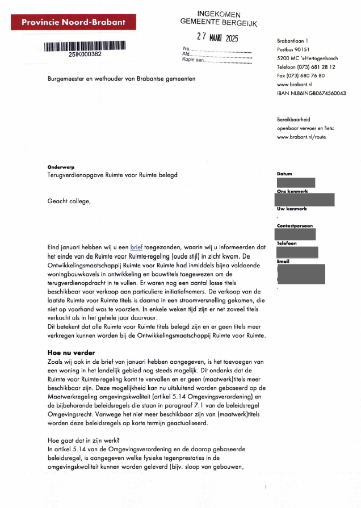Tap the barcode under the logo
[x=85, y=46]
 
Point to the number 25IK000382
[x=85, y=54]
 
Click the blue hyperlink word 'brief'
[x=136, y=247]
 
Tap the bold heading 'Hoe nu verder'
[x=71, y=352]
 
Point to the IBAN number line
[x=311, y=93]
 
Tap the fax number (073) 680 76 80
[x=300, y=75]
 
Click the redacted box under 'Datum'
[x=295, y=183]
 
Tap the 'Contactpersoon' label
[x=295, y=226]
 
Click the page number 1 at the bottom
[x=265, y=488]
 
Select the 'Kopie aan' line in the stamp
[x=216, y=59]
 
